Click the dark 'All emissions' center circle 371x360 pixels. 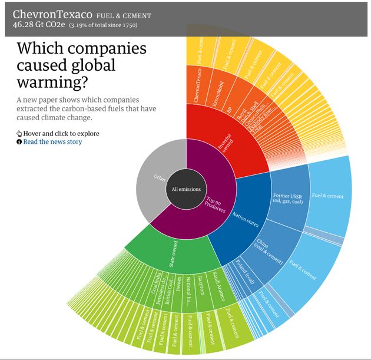click(186, 189)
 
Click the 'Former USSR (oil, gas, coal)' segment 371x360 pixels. click(289, 197)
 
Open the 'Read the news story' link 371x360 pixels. click(52, 142)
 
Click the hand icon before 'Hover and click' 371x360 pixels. click(19, 134)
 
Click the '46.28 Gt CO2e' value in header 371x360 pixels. click(39, 25)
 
